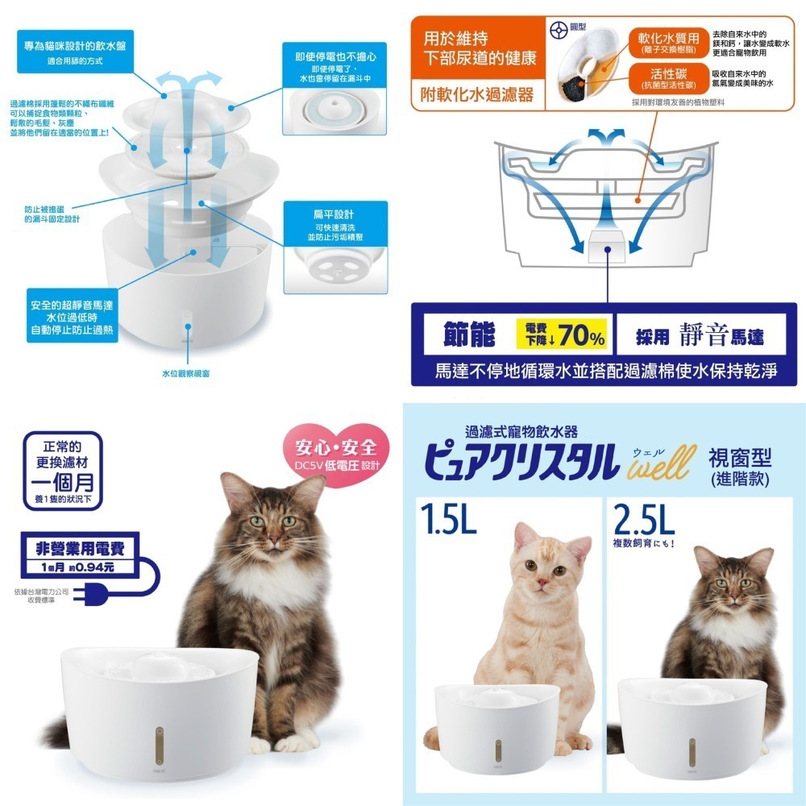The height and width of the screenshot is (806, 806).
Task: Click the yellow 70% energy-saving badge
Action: [563, 335]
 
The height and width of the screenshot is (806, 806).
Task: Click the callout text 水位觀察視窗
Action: [188, 373]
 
